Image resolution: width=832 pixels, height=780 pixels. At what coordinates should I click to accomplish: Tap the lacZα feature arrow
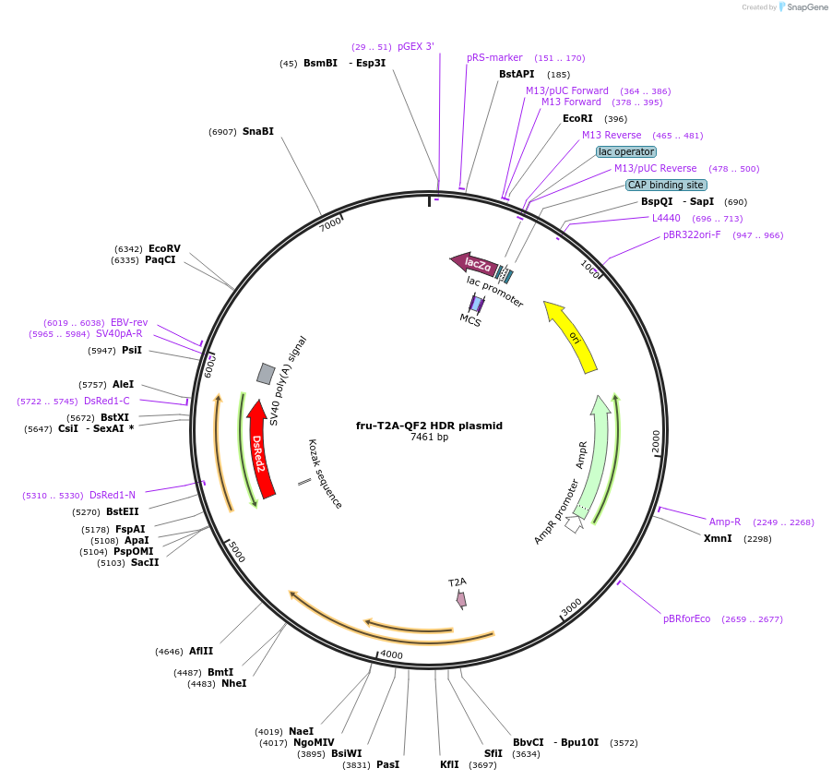474,263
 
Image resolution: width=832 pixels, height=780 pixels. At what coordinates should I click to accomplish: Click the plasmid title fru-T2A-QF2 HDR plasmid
429,426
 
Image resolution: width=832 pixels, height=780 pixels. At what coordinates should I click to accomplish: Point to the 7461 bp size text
429,438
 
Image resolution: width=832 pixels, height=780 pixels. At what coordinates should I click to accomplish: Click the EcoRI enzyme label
577,119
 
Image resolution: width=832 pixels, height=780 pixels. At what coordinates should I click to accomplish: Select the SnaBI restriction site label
258,132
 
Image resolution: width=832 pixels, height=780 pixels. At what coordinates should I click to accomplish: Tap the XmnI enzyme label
718,538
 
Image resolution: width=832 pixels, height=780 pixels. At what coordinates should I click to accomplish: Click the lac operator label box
626,151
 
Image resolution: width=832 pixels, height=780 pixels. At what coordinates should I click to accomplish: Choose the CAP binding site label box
666,185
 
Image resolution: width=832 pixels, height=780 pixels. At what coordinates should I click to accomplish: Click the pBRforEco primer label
686,618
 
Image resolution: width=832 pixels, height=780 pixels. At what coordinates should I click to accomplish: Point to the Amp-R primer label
724,522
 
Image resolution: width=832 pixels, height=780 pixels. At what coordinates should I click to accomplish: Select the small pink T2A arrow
461,599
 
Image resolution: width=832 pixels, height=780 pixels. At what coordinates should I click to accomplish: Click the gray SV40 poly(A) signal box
266,373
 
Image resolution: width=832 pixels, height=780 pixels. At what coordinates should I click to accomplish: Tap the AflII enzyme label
201,651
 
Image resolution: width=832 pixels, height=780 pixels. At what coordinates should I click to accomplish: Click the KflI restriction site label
449,764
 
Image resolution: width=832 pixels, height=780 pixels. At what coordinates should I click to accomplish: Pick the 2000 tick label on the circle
657,441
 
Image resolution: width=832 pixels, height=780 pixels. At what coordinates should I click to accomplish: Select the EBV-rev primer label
129,322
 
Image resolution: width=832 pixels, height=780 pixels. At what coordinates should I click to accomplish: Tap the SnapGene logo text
807,7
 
